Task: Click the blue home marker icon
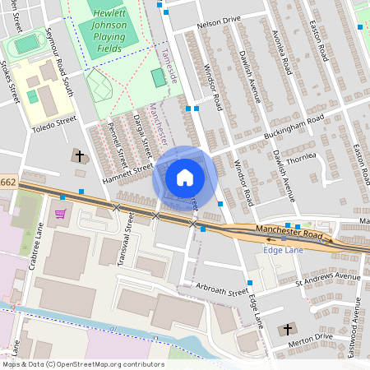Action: pos(185,178)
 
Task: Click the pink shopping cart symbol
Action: pos(61,215)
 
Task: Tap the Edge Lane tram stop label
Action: pos(282,250)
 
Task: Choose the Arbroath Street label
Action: pos(222,290)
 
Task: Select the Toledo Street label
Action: pos(53,123)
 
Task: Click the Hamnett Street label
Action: pos(128,172)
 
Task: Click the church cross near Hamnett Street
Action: pos(81,156)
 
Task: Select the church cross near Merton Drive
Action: pos(287,330)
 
